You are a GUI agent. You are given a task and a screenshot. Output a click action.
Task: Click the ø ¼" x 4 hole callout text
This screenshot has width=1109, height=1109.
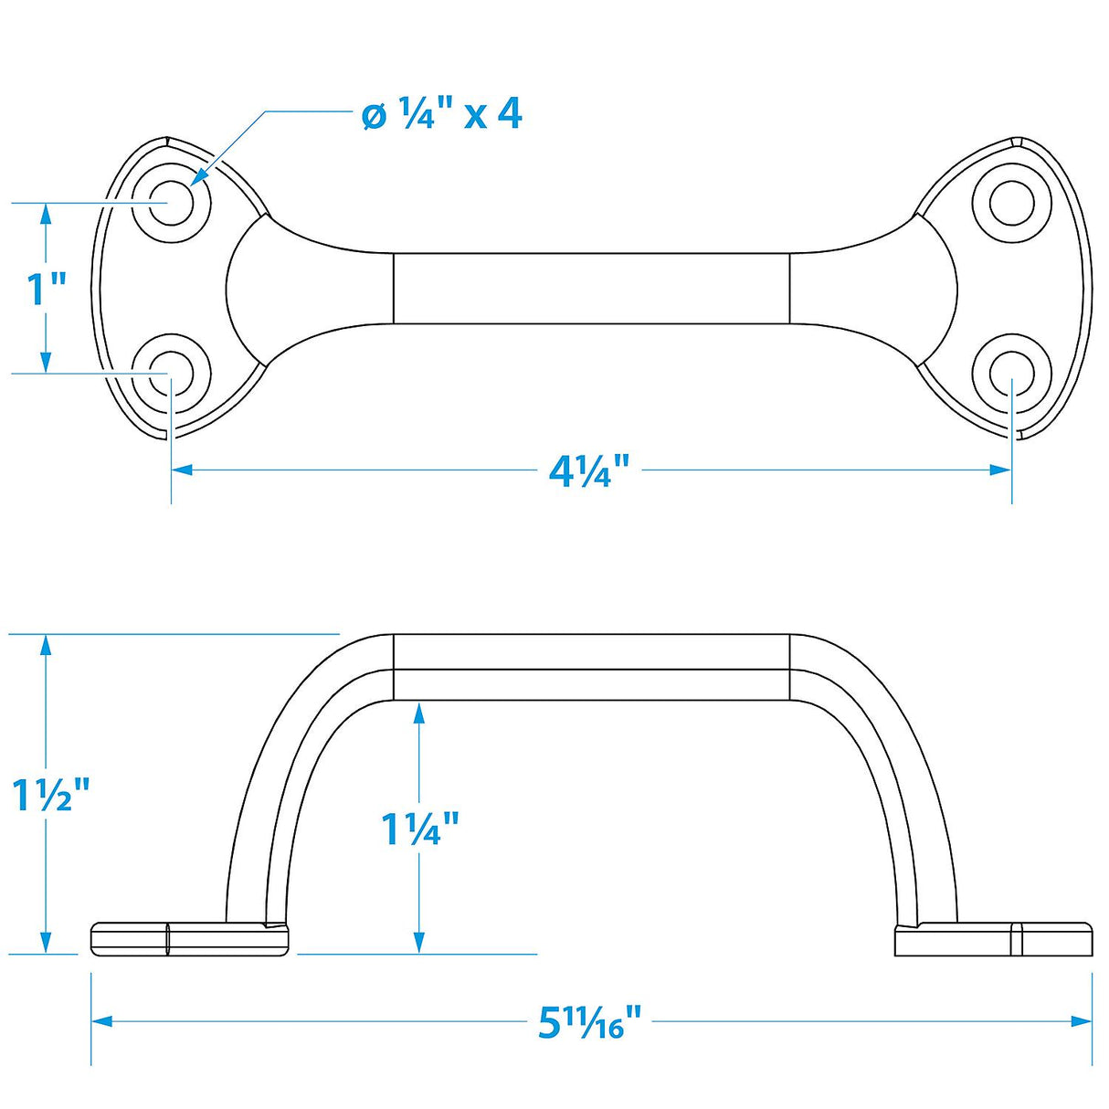coord(441,115)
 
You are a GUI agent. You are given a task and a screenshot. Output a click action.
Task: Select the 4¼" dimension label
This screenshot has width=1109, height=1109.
coord(589,471)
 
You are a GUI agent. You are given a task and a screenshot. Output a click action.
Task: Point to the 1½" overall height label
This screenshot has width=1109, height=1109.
coord(51,796)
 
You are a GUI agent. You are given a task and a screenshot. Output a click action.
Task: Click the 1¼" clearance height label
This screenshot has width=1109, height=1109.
coord(419,829)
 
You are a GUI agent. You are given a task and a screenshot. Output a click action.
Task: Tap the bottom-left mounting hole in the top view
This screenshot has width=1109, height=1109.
coord(171,374)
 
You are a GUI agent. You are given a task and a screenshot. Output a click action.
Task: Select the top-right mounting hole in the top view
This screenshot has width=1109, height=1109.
coord(1011,202)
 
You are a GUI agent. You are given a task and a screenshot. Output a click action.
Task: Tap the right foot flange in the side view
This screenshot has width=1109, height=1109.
coord(993,940)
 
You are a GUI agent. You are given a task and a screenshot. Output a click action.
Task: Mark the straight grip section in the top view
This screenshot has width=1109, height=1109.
coord(591,288)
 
